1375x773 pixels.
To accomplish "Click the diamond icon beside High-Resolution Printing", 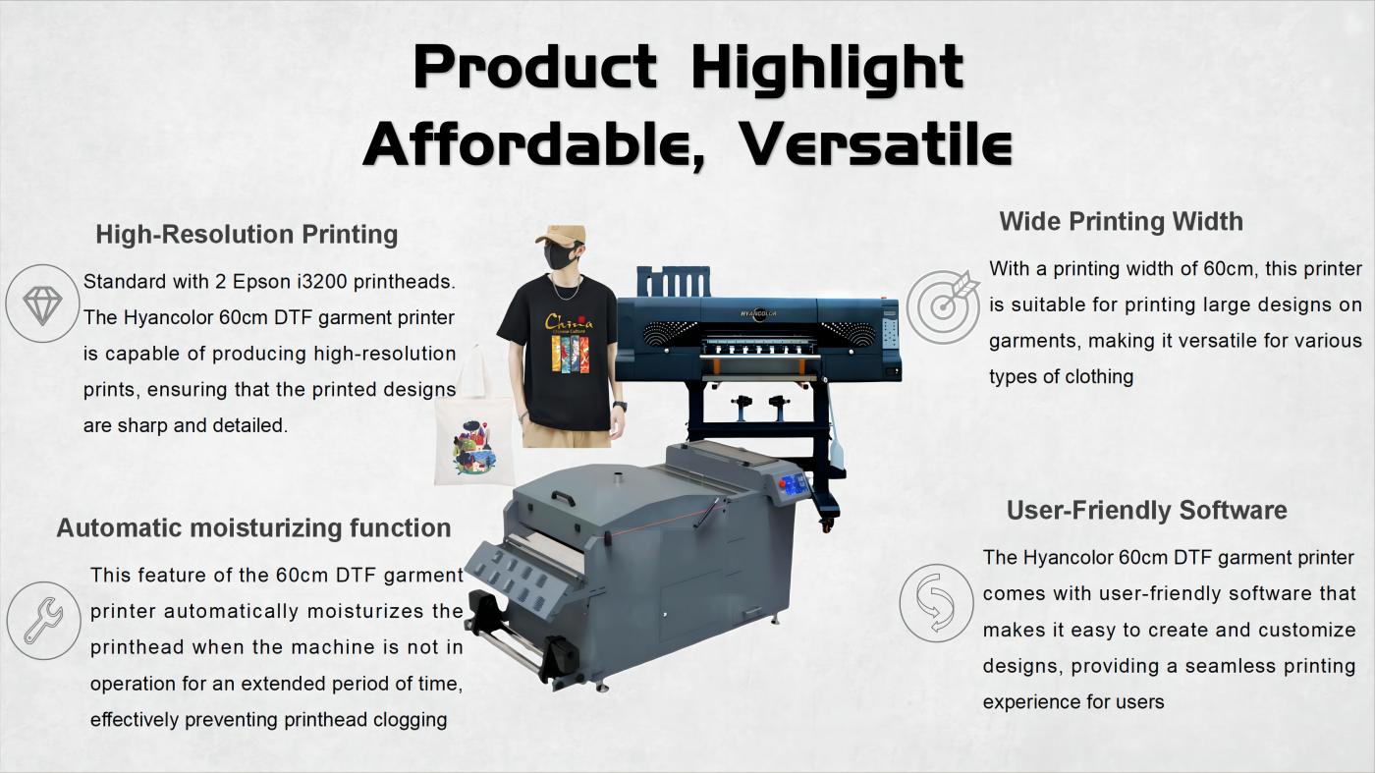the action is click(42, 304).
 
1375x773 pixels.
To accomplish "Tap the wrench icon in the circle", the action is click(43, 621).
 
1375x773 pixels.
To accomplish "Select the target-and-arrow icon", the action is click(944, 305).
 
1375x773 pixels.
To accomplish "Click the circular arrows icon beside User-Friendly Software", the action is click(936, 603).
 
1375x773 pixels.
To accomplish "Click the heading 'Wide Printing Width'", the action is click(1121, 222).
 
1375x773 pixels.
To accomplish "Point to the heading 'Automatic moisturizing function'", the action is click(253, 528).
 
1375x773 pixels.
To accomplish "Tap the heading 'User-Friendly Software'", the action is click(1147, 510).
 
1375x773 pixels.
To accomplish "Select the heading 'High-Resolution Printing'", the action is click(247, 235).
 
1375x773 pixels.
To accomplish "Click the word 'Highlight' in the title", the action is click(827, 69).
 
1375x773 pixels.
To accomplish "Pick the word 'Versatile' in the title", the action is click(875, 145).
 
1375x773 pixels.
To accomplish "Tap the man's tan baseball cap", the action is click(561, 235).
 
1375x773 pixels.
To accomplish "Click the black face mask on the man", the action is click(561, 256).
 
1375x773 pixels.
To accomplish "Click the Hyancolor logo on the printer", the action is click(758, 313).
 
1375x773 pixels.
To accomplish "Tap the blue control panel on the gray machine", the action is click(794, 485).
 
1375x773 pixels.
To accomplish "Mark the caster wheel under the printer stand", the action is click(827, 524).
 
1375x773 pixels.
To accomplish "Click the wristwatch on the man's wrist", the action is click(620, 406).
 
